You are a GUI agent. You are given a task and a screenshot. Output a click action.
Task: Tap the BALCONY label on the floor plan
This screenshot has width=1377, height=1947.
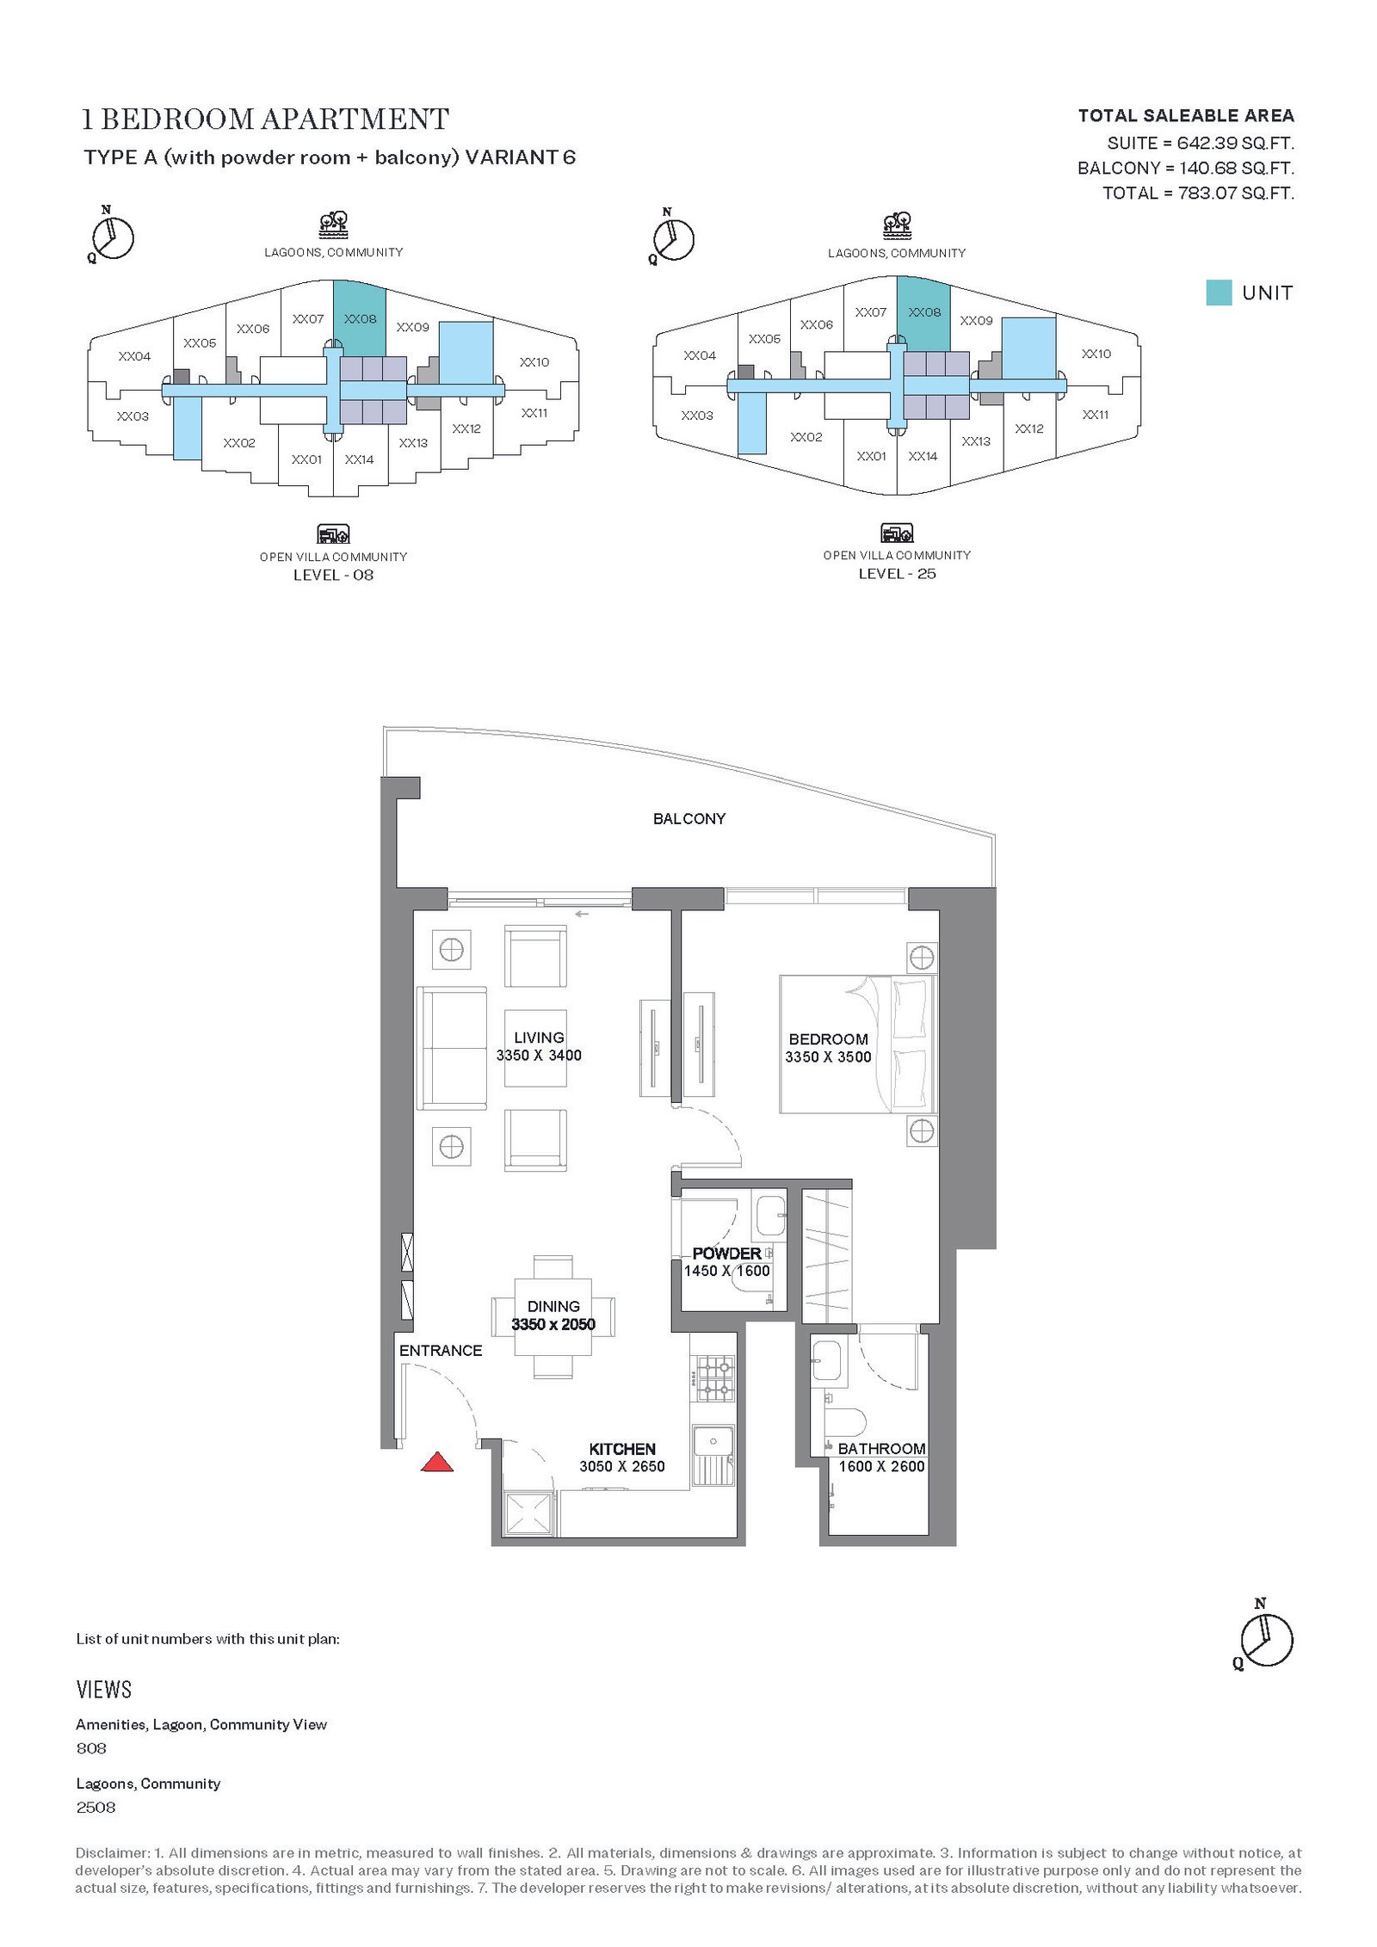coord(689,819)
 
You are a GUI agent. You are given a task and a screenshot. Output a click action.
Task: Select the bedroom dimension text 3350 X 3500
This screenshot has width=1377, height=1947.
coord(828,1057)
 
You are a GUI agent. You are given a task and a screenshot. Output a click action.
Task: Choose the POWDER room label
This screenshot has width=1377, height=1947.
coord(726,1254)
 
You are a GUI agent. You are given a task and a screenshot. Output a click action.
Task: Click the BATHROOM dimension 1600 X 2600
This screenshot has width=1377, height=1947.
coord(881,1466)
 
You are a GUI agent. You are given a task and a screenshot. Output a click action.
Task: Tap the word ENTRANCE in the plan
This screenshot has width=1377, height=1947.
coord(441,1351)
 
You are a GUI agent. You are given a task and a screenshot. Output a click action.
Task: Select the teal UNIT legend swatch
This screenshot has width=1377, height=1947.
coord(1219,293)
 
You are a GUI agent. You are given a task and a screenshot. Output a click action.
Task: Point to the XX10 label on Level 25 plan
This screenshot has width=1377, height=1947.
coord(1096,354)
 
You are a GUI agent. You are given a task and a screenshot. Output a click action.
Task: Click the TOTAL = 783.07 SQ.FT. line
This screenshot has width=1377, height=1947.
coord(1198,193)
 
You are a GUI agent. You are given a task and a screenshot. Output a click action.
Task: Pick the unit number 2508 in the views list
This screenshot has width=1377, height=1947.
coord(96,1807)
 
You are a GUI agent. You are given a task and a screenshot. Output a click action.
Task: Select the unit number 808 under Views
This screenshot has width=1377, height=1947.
coord(91,1747)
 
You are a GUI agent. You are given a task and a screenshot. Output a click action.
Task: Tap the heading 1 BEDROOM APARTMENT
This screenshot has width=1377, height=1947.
coord(265,119)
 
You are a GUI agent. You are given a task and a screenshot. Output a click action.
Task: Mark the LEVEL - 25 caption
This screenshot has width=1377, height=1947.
coord(897,574)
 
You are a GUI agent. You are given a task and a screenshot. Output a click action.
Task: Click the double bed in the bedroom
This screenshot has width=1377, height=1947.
coord(857,1044)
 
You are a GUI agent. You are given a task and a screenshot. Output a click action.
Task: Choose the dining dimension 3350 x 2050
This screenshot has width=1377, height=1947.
coord(553,1324)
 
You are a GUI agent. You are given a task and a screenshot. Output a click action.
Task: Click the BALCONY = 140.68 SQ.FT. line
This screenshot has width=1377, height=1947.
coord(1186,168)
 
